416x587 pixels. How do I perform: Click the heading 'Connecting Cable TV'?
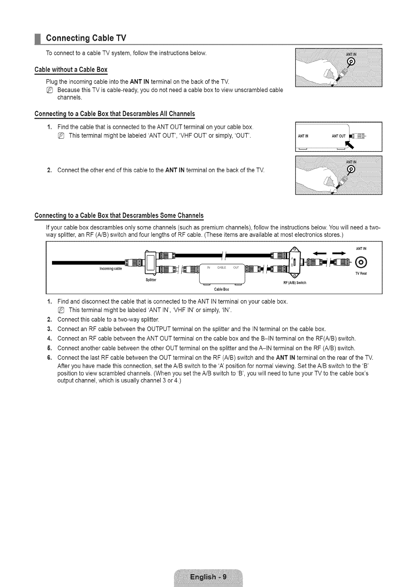pos(86,38)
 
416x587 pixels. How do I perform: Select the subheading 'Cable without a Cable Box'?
pos(71,69)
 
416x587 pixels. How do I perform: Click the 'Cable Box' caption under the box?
pos(221,289)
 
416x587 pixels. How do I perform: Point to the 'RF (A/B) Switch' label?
pos(295,283)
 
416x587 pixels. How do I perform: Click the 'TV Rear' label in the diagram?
pos(360,273)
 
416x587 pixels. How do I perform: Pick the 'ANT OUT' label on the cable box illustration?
pos(338,136)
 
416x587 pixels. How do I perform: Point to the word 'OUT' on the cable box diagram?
pos(236,267)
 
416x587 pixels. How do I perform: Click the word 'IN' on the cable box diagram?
pos(209,267)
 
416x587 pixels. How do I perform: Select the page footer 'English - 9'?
pos(208,577)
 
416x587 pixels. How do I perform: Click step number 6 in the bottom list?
pos(49,358)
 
